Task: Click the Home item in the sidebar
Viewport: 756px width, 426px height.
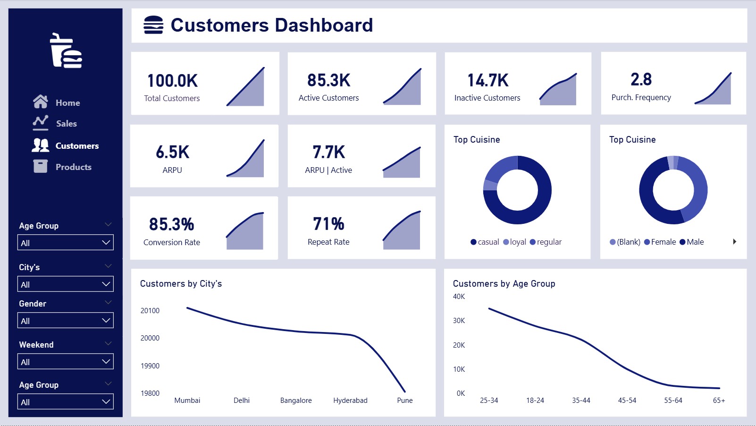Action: click(x=56, y=102)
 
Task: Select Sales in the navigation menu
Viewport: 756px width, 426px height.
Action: click(x=55, y=123)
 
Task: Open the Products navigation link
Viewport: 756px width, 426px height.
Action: click(x=62, y=167)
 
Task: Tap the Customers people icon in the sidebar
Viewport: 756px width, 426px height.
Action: click(x=40, y=145)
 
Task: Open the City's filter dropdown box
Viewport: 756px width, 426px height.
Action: click(x=66, y=284)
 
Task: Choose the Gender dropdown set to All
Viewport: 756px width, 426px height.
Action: click(x=66, y=320)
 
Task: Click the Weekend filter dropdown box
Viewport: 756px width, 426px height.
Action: click(x=66, y=361)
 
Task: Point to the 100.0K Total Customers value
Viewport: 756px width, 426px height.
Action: click(x=172, y=81)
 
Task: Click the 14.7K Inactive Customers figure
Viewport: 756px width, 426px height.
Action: click(x=487, y=80)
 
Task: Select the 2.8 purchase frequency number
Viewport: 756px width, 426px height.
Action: click(x=641, y=79)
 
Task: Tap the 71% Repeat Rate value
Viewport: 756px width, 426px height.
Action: click(x=328, y=224)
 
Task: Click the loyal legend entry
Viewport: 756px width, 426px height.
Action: click(x=515, y=242)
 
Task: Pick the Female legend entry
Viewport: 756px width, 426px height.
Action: click(x=660, y=242)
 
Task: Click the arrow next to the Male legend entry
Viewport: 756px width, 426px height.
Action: click(x=735, y=241)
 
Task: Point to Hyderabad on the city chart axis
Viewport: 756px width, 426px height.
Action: click(x=350, y=400)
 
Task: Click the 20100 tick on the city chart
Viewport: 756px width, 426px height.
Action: click(x=150, y=310)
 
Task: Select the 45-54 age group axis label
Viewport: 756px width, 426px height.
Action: click(x=627, y=400)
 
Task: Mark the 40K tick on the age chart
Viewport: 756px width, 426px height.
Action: click(x=459, y=296)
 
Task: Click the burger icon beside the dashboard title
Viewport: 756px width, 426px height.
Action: click(x=153, y=25)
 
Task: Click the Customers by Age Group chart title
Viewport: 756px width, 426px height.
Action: click(x=504, y=283)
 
